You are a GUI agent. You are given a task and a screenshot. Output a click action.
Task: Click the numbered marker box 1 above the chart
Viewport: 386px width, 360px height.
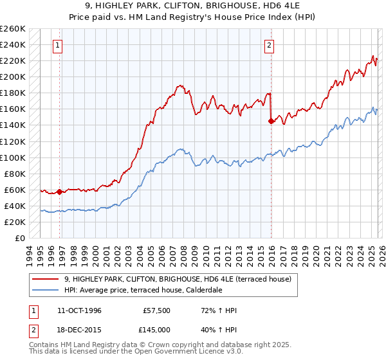[59, 45]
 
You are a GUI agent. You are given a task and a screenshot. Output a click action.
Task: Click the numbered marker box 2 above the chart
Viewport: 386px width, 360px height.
[268, 45]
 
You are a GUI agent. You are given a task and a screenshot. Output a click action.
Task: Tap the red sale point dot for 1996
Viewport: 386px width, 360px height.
[60, 192]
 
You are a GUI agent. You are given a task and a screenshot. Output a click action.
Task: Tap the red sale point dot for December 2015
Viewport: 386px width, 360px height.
[271, 121]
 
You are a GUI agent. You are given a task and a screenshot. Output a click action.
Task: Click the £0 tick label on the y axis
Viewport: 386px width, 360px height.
[21, 238]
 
